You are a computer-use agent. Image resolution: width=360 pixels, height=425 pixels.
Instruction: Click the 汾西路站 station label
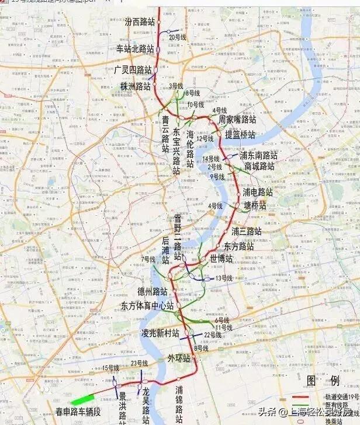coord(140,22)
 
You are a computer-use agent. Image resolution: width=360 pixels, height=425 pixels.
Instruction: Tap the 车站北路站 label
coord(135,49)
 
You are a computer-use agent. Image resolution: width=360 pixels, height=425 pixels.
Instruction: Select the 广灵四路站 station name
coord(133,69)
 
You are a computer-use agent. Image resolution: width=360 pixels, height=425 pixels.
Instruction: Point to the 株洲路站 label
coord(136,86)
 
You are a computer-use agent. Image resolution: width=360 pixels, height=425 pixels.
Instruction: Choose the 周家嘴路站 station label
coord(237,119)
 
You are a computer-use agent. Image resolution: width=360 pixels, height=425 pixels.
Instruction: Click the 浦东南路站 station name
coord(259,155)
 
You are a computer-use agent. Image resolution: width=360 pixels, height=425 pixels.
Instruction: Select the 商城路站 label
coord(259,166)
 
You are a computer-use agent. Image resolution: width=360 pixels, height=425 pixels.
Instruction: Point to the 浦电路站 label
coord(258,191)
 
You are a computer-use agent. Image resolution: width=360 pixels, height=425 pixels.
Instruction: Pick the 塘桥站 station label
coord(255,205)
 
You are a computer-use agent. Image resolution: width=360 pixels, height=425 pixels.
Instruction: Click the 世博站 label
coord(221,258)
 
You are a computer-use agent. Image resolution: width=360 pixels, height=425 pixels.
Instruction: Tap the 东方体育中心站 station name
coord(147,305)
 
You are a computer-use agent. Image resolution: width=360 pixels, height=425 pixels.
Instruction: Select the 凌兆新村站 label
coord(160,333)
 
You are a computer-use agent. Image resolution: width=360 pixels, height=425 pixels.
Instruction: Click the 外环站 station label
coord(179,358)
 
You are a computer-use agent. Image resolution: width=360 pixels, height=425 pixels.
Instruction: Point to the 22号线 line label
coord(213,335)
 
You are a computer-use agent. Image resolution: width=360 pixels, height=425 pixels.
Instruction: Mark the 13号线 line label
coord(224,278)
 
